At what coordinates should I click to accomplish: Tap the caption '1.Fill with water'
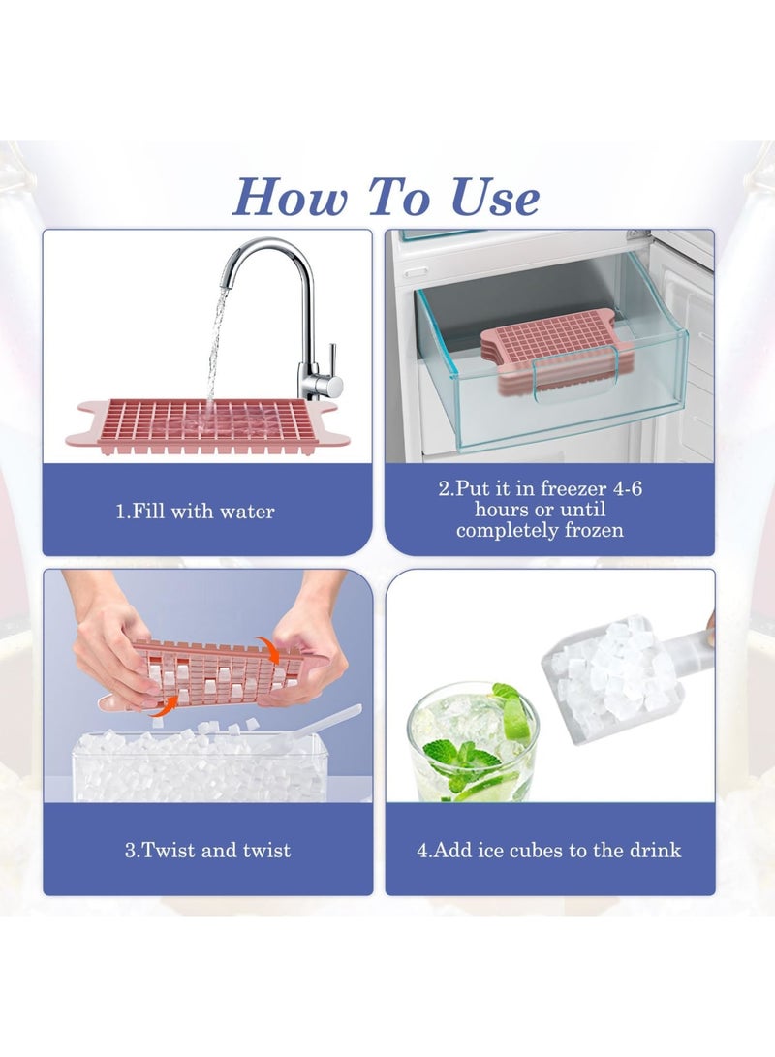(x=195, y=511)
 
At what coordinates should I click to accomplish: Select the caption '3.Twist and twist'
(x=207, y=851)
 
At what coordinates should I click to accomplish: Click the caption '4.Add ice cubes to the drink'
(x=549, y=851)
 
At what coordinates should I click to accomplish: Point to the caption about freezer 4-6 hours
(x=540, y=510)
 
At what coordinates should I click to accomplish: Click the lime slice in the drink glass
(x=514, y=722)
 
